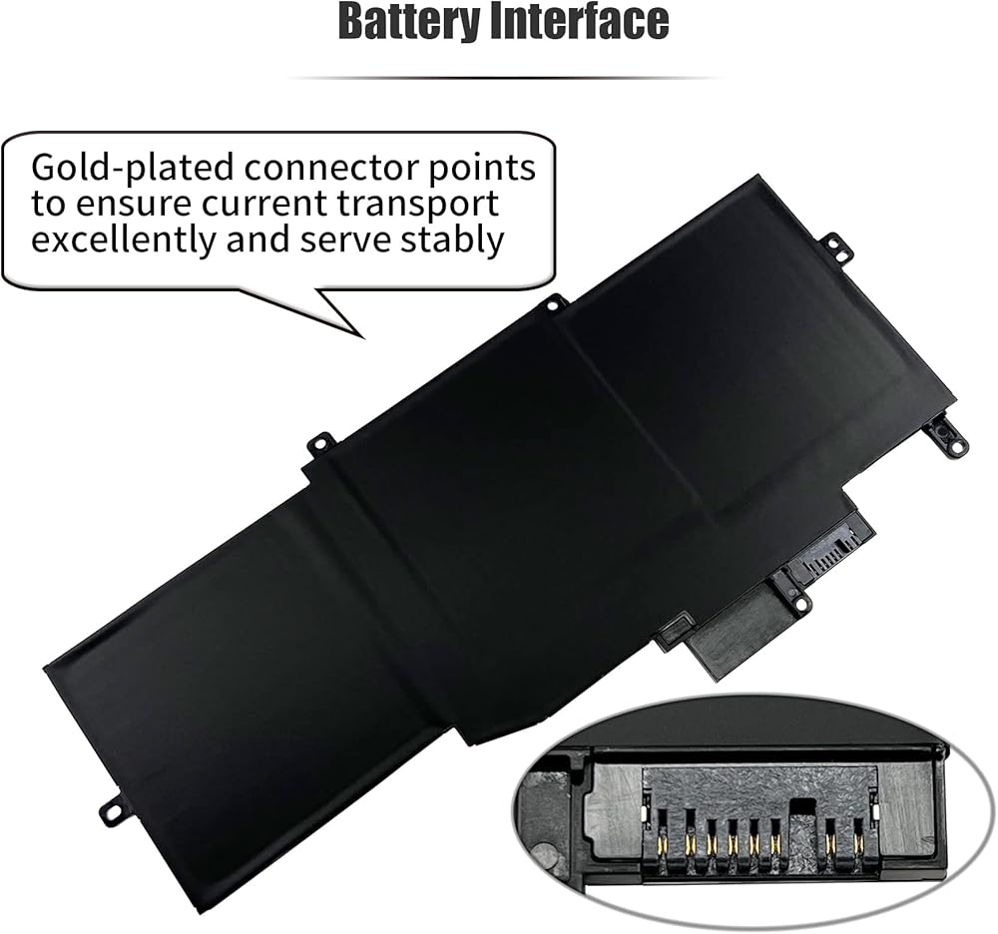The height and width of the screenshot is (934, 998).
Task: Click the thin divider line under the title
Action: point(499,77)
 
